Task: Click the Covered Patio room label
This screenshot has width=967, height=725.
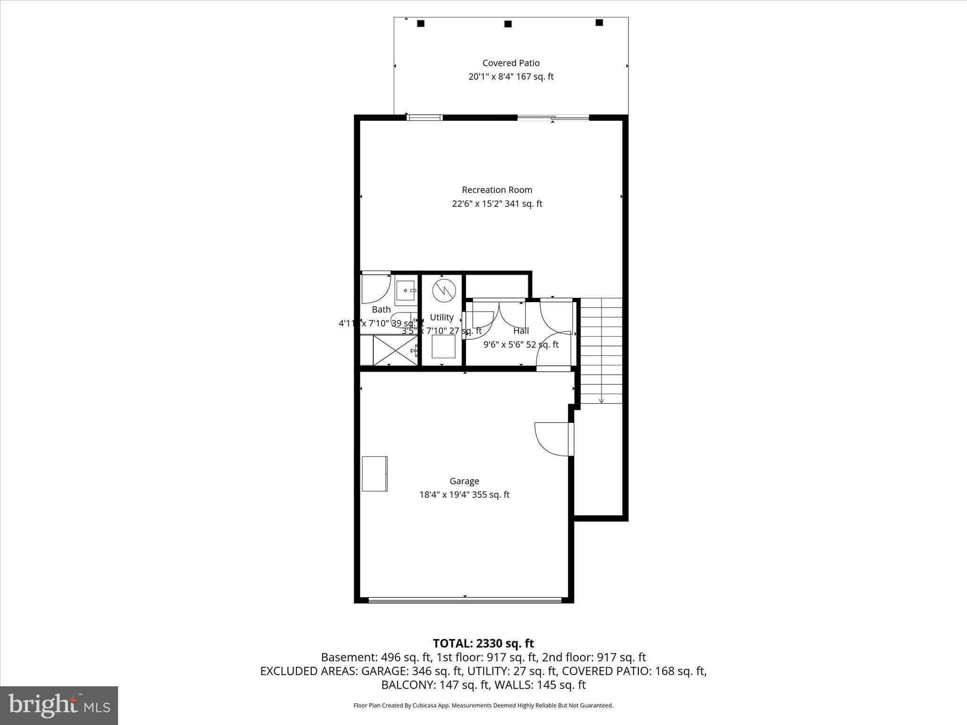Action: [x=510, y=63]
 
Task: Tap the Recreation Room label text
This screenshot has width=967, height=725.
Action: [x=497, y=190]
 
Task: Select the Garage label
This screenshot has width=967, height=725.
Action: [x=464, y=481]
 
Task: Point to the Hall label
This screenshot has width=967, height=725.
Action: [x=521, y=331]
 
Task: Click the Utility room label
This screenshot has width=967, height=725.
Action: [x=441, y=317]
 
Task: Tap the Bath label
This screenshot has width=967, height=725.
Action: [x=381, y=310]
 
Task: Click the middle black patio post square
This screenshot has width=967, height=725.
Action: [x=508, y=24]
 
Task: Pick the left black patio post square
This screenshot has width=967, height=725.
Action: [x=421, y=23]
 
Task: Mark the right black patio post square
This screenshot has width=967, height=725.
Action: [x=599, y=22]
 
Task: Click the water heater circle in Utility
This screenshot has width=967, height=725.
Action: [x=444, y=290]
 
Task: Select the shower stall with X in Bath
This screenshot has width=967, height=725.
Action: [x=396, y=350]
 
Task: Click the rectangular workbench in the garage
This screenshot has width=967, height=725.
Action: [x=374, y=473]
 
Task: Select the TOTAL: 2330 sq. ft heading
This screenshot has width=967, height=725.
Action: [x=483, y=643]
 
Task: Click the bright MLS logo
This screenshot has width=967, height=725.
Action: [x=59, y=705]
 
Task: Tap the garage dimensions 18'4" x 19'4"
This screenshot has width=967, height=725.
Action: [x=464, y=495]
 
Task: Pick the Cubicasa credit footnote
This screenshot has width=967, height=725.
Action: [x=483, y=706]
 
